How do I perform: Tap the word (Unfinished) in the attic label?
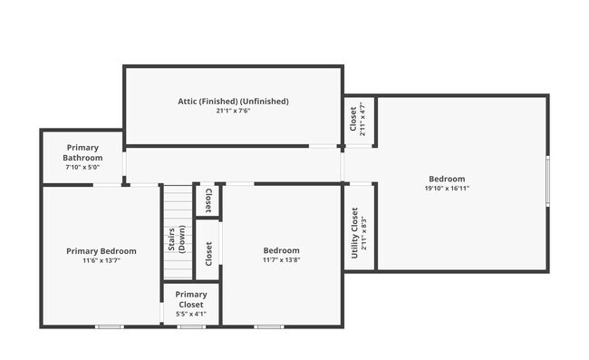tap(264, 101)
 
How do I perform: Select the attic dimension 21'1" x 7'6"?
tap(233, 112)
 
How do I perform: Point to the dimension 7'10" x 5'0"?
tap(82, 167)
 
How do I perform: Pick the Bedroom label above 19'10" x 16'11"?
tap(447, 179)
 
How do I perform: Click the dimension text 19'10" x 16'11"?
tap(447, 189)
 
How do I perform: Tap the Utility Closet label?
tap(354, 232)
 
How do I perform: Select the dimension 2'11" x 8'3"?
tap(364, 232)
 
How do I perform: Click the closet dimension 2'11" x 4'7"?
tap(362, 118)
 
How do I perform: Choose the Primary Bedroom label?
tap(101, 250)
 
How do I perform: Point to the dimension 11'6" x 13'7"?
tap(101, 260)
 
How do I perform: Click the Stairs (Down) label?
tap(177, 237)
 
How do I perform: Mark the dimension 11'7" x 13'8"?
tap(281, 260)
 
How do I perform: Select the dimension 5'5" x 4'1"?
tap(191, 314)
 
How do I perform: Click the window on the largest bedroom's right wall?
tap(547, 181)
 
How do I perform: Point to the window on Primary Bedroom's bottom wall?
tap(110, 326)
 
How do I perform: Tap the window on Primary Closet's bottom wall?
tap(191, 326)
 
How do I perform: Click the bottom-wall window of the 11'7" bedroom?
tap(268, 326)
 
